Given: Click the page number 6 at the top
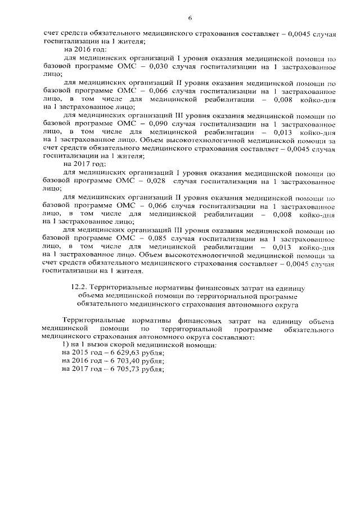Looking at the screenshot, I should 190,18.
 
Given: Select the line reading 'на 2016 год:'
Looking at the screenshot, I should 82,49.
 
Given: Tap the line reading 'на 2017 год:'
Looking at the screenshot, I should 82,164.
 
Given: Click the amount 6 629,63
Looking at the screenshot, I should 121,353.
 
